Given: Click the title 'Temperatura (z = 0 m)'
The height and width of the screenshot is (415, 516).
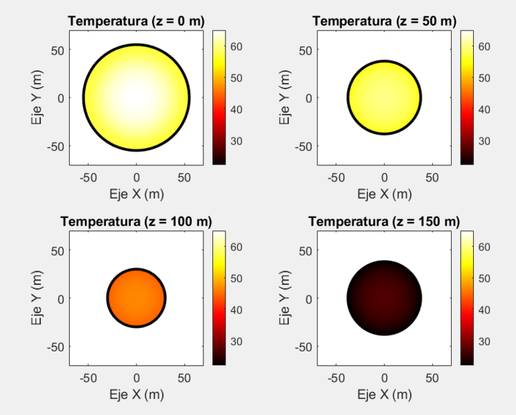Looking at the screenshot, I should tap(136, 21).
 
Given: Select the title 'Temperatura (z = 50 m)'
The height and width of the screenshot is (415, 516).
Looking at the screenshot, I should tap(384, 21).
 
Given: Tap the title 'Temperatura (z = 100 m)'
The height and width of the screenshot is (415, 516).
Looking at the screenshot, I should tap(136, 221).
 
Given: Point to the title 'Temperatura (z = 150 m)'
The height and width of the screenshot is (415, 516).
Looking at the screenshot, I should tap(384, 221).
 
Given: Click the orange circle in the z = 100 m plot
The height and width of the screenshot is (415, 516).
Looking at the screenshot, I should tap(136, 298).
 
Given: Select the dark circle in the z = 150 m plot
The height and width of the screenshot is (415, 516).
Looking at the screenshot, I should tap(384, 298).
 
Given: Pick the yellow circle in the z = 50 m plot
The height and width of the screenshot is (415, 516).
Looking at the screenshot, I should tap(384, 98).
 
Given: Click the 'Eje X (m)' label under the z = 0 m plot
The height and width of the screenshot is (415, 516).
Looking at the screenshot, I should tap(136, 194).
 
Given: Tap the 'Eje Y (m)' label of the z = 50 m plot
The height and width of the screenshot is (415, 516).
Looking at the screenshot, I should tap(284, 98).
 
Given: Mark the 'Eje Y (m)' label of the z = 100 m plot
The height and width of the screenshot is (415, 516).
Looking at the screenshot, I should tap(37, 298).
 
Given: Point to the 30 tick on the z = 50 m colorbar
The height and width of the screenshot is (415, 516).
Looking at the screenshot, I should tap(485, 141).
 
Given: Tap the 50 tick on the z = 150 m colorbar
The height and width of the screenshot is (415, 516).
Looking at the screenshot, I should tap(485, 278).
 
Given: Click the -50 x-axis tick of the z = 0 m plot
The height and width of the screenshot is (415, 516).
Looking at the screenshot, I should tap(89, 178).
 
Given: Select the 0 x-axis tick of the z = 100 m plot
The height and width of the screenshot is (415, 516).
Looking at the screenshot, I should tap(136, 378).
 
